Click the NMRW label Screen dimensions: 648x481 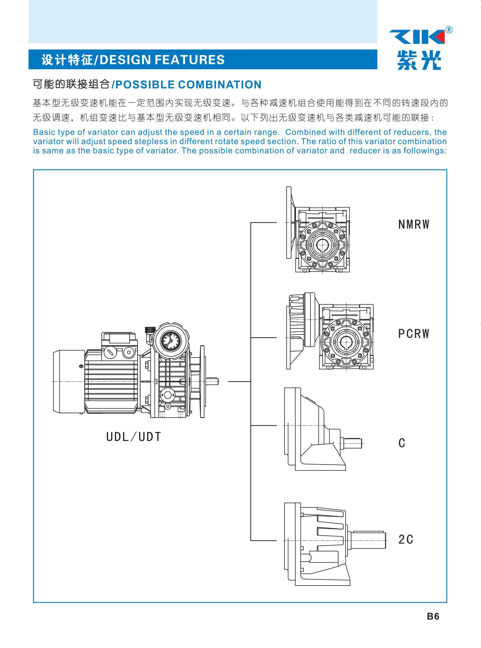[414, 225]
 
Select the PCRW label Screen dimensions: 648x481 [414, 334]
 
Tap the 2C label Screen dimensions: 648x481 [406, 539]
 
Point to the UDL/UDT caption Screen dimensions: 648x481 [133, 437]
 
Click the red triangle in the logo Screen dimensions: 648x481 [438, 37]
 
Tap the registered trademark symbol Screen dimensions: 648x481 [449, 30]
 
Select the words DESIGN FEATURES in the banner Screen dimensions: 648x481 [162, 60]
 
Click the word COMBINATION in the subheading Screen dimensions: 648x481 [220, 85]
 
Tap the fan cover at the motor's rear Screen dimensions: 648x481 [69, 381]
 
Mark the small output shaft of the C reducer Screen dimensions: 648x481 [352, 443]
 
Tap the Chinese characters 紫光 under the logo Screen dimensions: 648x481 [419, 60]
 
